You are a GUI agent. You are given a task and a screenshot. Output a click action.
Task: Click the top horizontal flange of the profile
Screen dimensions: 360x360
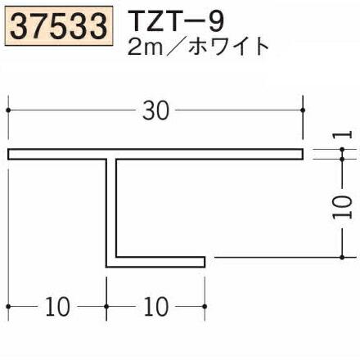point(155,155)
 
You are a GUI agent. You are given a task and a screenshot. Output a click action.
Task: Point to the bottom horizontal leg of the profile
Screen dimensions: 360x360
point(155,262)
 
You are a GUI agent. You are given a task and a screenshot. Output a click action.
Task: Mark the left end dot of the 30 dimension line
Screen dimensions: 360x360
point(8,108)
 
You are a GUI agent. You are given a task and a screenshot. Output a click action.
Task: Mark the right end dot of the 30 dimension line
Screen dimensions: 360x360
point(303,108)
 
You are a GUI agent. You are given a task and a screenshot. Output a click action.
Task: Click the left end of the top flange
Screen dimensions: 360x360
point(11,155)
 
